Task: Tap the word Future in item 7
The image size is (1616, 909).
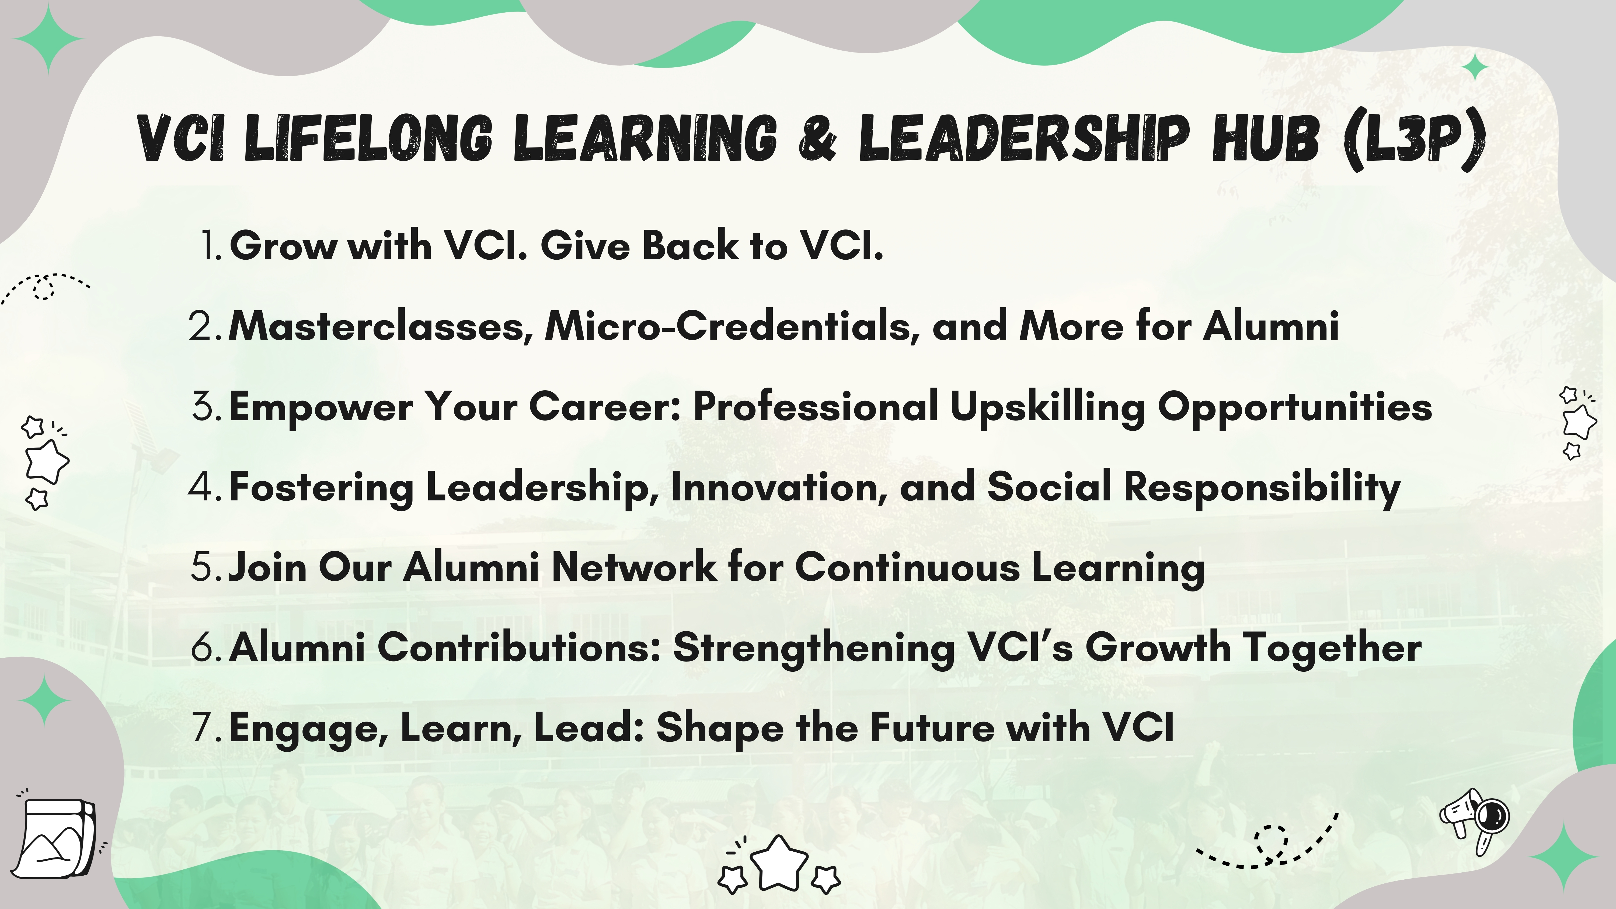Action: coord(932,728)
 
